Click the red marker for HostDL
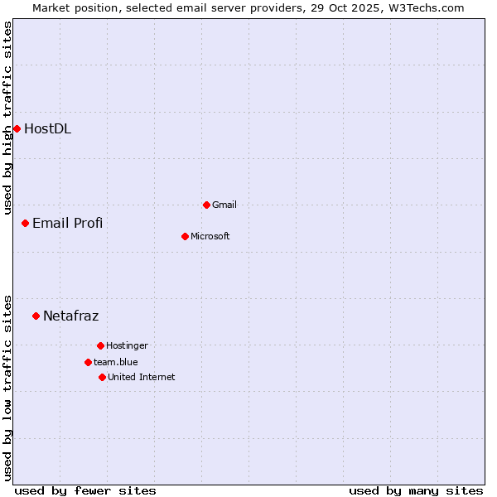point(17,128)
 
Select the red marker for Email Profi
point(25,223)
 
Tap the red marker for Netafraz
point(36,316)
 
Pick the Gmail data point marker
point(206,205)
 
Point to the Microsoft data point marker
point(185,236)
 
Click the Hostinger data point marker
point(100,345)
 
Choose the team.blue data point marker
point(88,362)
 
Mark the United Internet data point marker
point(102,377)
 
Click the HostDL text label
point(47,128)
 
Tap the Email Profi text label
point(67,223)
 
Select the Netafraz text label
point(70,316)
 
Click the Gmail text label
point(224,205)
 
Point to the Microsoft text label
point(210,236)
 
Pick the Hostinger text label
point(127,345)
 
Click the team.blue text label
point(116,362)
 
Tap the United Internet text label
point(141,377)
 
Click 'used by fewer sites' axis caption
point(85,490)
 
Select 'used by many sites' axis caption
point(416,490)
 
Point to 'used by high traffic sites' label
point(7,118)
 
